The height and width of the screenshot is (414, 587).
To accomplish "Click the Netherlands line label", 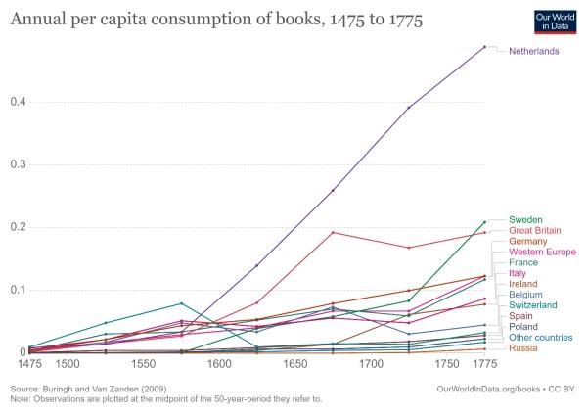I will coord(533,50).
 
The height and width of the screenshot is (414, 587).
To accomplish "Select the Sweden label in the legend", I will coord(526,219).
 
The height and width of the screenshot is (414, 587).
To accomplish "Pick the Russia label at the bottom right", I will coord(524,348).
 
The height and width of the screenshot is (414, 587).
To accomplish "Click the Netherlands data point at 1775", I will coord(484,47).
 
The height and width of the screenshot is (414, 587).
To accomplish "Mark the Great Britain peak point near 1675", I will coord(333,232).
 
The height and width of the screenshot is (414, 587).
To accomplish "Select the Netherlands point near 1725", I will coord(408,108).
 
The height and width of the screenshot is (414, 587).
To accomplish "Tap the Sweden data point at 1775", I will coord(484,222).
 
